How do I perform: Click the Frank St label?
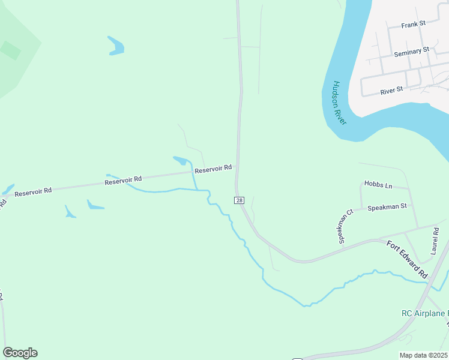[413, 23]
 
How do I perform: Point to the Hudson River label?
[339, 103]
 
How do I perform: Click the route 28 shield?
[240, 200]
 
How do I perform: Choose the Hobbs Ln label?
[378, 185]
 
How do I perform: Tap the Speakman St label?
[387, 206]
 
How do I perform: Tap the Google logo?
[20, 353]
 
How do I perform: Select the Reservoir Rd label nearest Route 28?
[213, 169]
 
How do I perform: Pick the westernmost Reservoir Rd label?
[33, 192]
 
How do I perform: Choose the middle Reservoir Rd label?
[123, 179]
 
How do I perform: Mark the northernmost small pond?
[115, 46]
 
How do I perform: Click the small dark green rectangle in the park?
[10, 50]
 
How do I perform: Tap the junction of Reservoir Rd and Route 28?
[237, 167]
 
